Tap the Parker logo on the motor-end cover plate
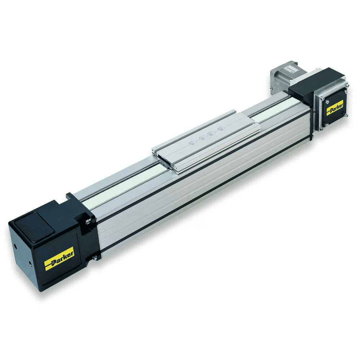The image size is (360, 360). tap(335, 107)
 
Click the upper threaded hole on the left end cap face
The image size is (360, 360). tap(15, 247)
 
